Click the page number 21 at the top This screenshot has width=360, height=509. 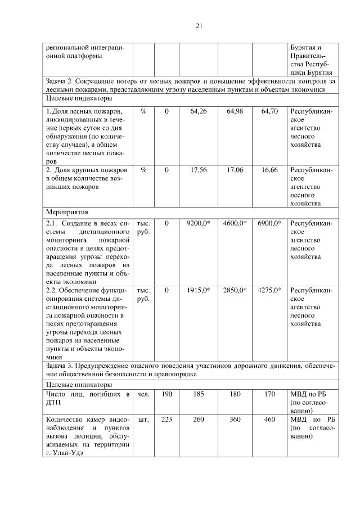(199, 25)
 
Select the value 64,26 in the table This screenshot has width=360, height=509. (199, 112)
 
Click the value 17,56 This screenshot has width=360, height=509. (199, 170)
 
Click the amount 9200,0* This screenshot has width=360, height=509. (198, 224)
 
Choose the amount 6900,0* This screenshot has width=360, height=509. (269, 224)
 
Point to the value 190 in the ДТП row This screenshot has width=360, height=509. (166, 394)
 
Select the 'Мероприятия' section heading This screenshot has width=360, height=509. (66, 213)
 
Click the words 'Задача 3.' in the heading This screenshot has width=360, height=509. (61, 366)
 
